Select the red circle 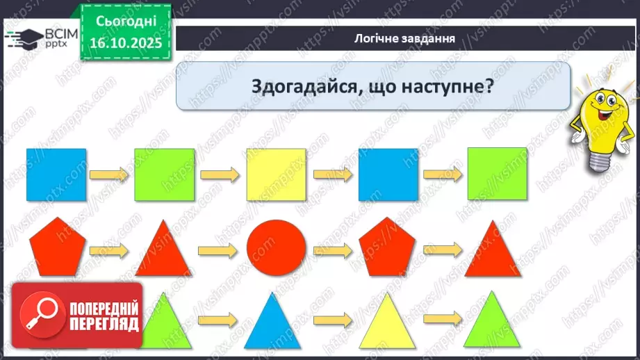pyautogui.click(x=277, y=250)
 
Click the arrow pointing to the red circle pyautogui.click(x=218, y=249)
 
